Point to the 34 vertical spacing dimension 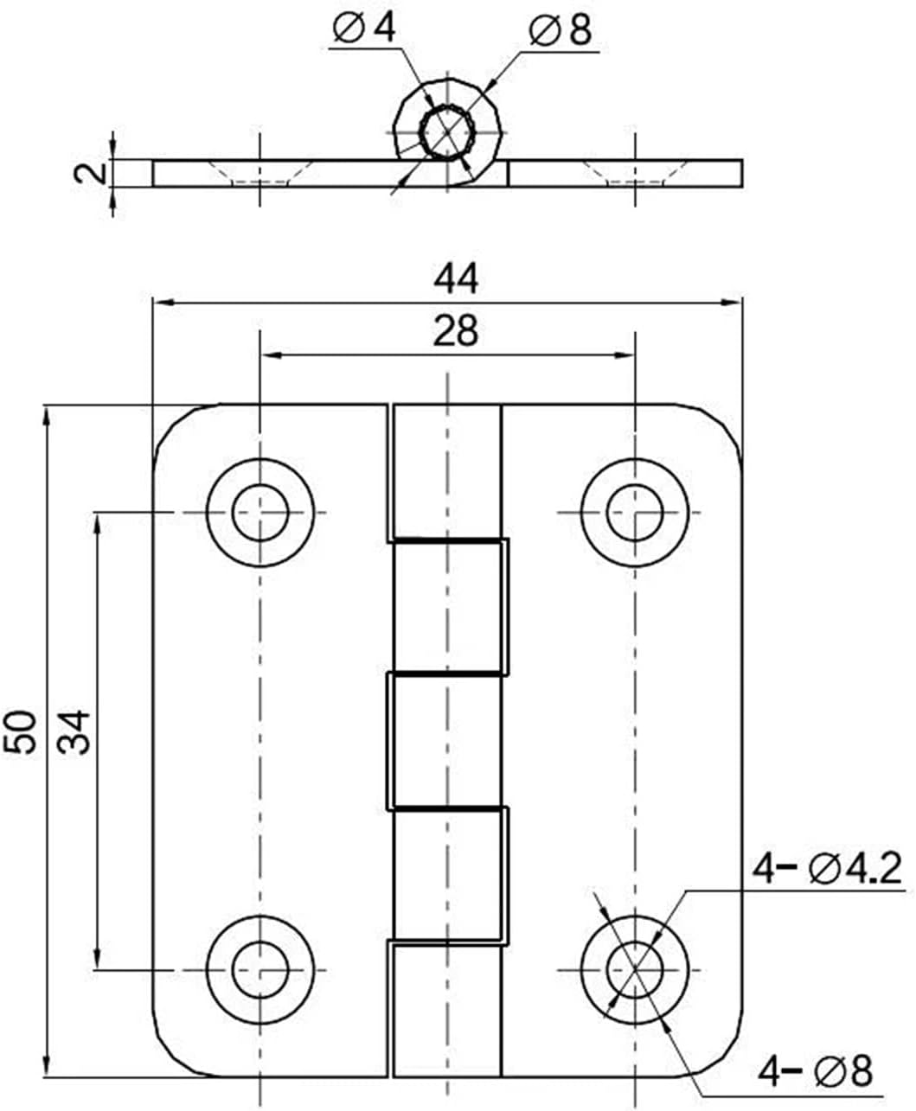(74, 732)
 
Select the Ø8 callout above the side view (560, 29)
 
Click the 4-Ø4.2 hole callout (827, 869)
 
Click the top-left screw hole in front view (259, 513)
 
